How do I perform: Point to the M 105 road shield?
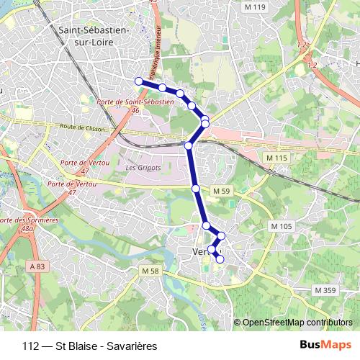click(x=282, y=226)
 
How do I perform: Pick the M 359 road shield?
click(x=325, y=289)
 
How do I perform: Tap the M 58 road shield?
click(x=150, y=271)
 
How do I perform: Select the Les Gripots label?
click(x=140, y=168)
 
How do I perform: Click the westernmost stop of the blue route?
click(x=138, y=81)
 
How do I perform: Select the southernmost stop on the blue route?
click(x=220, y=259)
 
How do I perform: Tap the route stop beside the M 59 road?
click(x=196, y=189)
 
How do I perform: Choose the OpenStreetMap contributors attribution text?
click(x=297, y=322)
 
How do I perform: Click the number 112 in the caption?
click(x=31, y=344)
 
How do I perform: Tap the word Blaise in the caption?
click(x=73, y=344)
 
